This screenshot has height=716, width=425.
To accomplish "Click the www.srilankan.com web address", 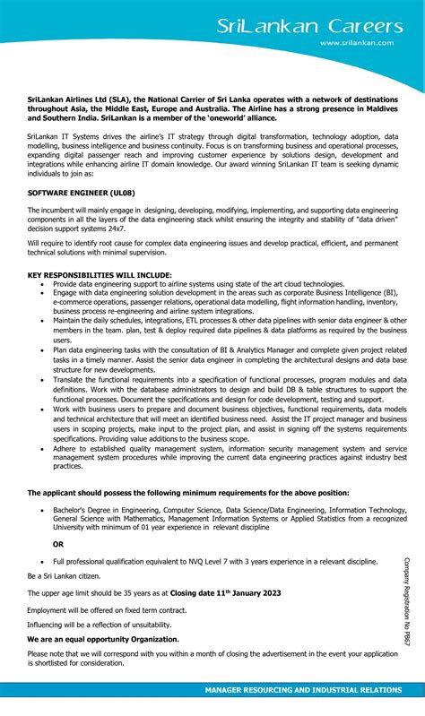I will coord(357,42).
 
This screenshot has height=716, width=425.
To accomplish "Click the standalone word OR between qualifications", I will coord(58,543).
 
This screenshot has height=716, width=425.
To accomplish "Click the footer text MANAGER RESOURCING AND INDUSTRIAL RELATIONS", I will coord(302,690).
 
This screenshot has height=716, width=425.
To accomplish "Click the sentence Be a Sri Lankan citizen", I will coord(64,575).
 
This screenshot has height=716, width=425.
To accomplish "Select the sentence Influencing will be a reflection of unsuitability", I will coord(99,624).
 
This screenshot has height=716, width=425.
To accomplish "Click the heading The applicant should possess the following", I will coord(188,492).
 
